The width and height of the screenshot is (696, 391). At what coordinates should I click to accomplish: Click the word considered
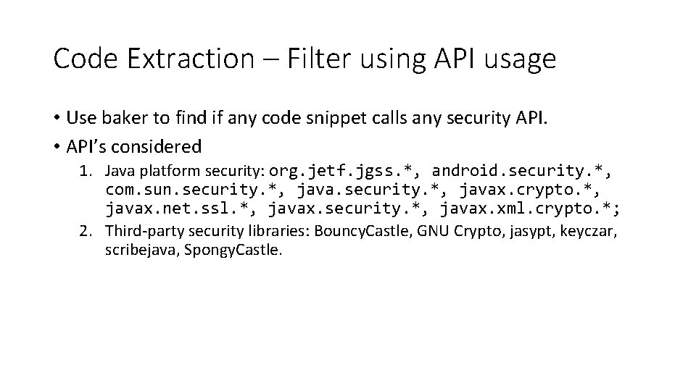point(158,146)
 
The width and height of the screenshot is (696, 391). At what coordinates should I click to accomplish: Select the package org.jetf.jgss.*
point(345,172)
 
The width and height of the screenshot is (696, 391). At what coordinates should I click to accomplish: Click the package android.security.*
point(520,172)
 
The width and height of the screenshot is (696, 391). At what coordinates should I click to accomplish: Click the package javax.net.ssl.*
point(181,209)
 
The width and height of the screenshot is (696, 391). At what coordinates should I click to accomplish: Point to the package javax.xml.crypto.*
point(531,209)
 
